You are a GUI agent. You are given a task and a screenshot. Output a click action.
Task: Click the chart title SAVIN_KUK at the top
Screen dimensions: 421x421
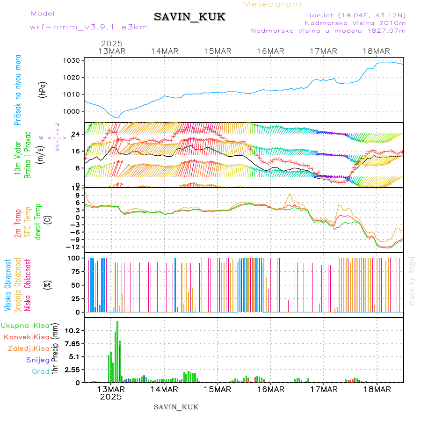pos(189,17)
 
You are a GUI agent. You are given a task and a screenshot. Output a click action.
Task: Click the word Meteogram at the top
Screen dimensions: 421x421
pos(273,4)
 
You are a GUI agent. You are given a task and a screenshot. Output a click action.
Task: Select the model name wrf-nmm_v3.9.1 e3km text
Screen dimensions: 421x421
pos(89,27)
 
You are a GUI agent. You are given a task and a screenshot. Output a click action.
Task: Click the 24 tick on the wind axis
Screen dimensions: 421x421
pos(75,134)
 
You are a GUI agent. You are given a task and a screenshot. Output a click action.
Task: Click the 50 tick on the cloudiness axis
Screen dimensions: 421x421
pos(75,285)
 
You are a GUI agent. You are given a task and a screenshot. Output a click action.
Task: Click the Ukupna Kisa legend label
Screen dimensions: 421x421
pos(25,325)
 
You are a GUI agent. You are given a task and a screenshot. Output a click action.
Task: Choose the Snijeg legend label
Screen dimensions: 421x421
pos(36,360)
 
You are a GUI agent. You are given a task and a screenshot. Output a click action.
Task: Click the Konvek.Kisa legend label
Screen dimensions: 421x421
pos(26,337)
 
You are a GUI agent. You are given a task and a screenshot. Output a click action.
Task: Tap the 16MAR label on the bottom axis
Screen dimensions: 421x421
pos(270,389)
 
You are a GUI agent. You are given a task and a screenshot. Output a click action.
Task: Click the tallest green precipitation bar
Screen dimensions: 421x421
pos(117,351)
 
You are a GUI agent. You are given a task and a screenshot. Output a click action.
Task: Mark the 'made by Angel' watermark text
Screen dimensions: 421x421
pos(412,281)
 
